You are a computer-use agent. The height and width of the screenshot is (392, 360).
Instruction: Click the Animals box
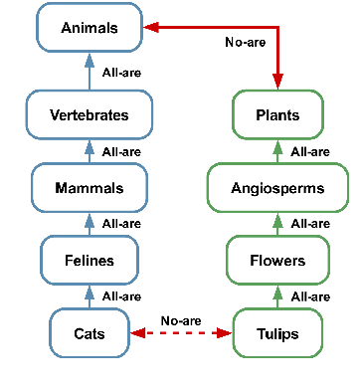[x=89, y=28]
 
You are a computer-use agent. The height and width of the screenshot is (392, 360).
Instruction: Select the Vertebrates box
[x=89, y=114]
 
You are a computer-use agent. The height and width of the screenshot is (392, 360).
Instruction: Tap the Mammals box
[x=89, y=187]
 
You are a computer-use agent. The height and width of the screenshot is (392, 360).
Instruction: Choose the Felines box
[x=89, y=261]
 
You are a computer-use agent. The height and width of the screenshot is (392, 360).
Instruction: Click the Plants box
[x=277, y=114]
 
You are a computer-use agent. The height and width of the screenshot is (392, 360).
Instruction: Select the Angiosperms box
[x=277, y=187]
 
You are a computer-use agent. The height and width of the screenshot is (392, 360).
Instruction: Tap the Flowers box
[x=277, y=261]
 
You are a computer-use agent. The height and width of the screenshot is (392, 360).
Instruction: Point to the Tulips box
[x=277, y=333]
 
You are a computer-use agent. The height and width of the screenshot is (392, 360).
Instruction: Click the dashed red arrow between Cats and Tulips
[x=182, y=333]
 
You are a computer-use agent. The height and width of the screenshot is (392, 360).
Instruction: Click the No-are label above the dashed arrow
[x=181, y=320]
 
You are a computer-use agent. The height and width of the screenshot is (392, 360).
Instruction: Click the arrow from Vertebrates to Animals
[x=89, y=72]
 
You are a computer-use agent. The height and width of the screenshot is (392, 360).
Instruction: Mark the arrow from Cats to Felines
[x=89, y=296]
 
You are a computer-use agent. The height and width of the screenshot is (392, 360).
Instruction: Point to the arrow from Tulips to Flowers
[x=277, y=296]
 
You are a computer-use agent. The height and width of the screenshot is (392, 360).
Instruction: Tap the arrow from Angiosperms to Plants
[x=277, y=151]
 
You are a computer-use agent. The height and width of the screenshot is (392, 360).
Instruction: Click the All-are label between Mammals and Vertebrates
[x=121, y=151]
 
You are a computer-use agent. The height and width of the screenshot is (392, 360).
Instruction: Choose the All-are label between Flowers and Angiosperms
[x=310, y=224]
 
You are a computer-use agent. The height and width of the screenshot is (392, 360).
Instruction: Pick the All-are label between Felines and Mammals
[x=121, y=224]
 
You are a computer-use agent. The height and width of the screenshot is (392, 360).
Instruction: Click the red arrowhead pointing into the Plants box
[x=277, y=84]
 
